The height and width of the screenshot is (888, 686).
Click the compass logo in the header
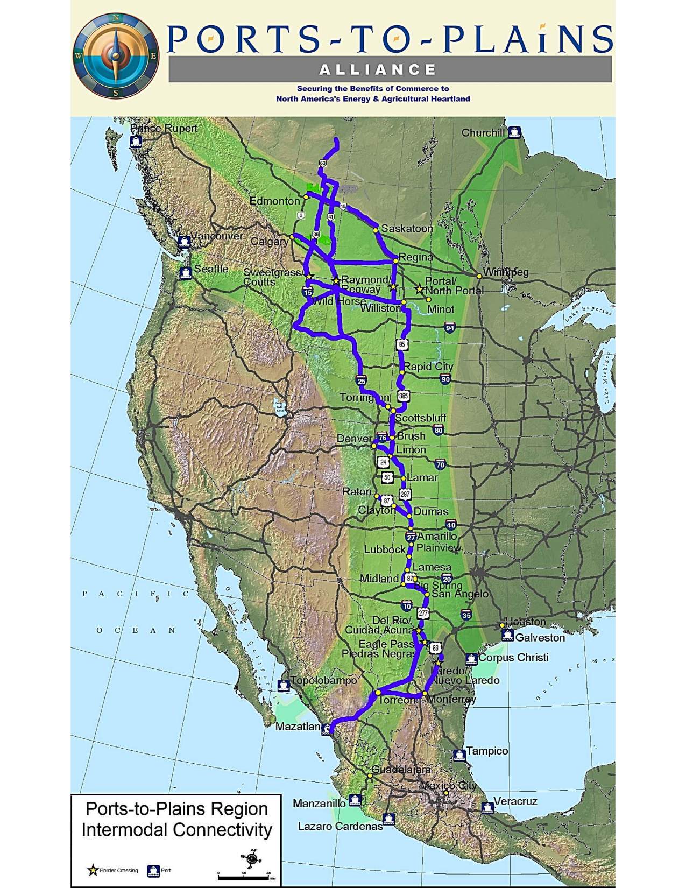[116, 56]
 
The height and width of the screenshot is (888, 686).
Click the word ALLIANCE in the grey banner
[378, 70]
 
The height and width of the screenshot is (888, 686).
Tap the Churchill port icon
[515, 132]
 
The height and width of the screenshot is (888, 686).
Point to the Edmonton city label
[274, 201]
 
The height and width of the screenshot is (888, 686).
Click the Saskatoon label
[407, 229]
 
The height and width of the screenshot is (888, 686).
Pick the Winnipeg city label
[505, 272]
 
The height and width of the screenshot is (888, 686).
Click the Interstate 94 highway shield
[450, 327]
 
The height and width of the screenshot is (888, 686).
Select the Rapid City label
[428, 367]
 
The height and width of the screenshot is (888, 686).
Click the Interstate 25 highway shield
[361, 381]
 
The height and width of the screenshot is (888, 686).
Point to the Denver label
[354, 439]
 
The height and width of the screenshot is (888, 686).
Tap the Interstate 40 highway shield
[451, 525]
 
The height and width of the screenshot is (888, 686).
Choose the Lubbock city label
[384, 549]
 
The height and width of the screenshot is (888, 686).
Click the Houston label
[526, 622]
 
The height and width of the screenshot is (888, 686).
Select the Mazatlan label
[298, 727]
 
